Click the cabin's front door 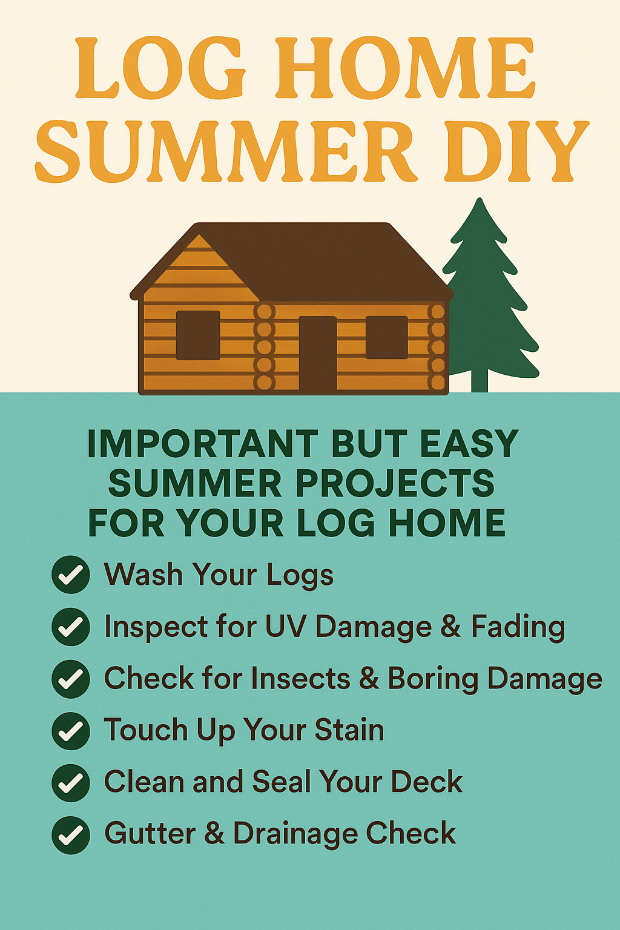coord(318,354)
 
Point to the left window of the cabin coord(198,335)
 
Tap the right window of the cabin coord(387,337)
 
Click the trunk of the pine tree coord(480,379)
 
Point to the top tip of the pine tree coord(480,199)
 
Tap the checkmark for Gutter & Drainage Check coord(71,835)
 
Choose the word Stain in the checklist coord(349,730)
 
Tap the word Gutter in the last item coord(150,833)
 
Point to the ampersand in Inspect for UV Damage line coord(450,626)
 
